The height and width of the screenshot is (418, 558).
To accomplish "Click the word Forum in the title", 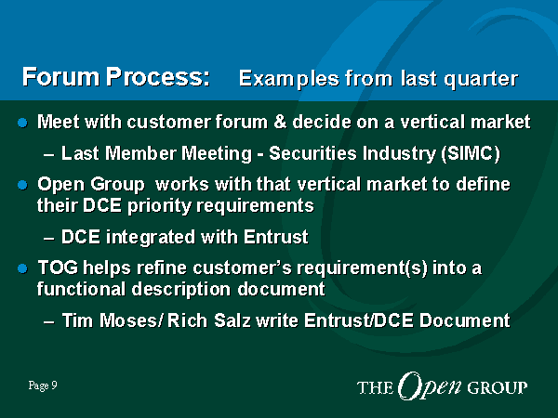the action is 60,77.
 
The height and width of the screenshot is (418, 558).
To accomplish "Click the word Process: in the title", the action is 158,77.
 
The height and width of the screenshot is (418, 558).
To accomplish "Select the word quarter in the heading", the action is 481,79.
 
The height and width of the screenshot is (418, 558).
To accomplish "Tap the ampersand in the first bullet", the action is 280,122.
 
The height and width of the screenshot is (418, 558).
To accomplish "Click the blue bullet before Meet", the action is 22,123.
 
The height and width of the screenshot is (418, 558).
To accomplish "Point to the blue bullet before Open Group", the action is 22,185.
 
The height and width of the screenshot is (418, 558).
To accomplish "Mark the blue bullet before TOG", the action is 22,268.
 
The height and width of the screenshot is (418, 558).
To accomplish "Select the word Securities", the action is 312,153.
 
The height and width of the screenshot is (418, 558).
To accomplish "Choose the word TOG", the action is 58,268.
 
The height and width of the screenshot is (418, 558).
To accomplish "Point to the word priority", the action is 159,206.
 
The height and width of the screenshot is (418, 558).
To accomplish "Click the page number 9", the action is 54,385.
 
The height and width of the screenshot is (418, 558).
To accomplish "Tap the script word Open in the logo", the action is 429,386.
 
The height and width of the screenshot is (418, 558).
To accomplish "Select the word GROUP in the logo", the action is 498,387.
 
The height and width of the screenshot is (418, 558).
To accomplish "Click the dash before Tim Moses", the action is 49,322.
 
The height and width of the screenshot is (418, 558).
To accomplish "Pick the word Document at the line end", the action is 465,320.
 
